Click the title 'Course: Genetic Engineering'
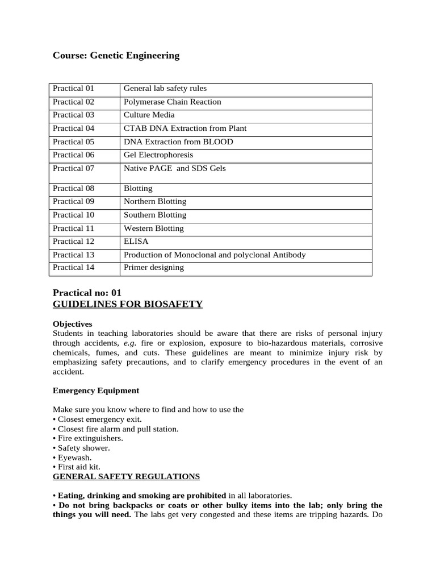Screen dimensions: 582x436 pyautogui.click(x=116, y=56)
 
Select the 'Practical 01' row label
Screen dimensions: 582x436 pyautogui.click(x=73, y=89)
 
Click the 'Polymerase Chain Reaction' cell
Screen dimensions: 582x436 pyautogui.click(x=173, y=102)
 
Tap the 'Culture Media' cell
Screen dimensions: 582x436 pyautogui.click(x=149, y=115)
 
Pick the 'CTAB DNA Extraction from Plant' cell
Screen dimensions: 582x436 pyautogui.click(x=185, y=128)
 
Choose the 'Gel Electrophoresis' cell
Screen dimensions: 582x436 pyautogui.click(x=158, y=155)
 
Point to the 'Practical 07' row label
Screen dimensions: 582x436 pyautogui.click(x=73, y=169)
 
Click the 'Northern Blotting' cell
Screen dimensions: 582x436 pyautogui.click(x=155, y=202)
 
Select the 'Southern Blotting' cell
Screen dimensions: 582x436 pyautogui.click(x=155, y=215)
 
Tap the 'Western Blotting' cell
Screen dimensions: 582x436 pyautogui.click(x=154, y=228)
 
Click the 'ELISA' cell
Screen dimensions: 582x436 pyautogui.click(x=136, y=242)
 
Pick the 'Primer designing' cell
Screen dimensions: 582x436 pyautogui.click(x=154, y=268)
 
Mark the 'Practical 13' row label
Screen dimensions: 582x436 pyautogui.click(x=73, y=255)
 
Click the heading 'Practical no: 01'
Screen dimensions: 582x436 pyautogui.click(x=87, y=293)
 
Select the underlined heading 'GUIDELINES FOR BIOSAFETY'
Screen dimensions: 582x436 pyautogui.click(x=127, y=304)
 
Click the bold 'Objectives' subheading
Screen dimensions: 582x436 pyautogui.click(x=72, y=324)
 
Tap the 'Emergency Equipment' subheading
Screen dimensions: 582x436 pyautogui.click(x=95, y=391)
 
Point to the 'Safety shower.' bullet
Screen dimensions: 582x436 pyautogui.click(x=83, y=448)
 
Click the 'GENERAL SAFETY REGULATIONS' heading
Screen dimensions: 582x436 pyautogui.click(x=126, y=476)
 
